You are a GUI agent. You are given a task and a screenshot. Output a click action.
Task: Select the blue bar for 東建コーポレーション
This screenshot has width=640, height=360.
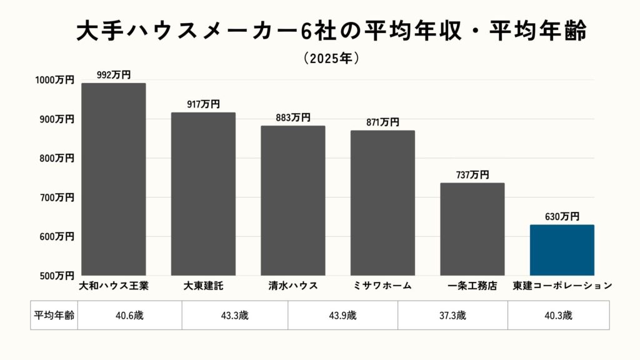click(x=562, y=250)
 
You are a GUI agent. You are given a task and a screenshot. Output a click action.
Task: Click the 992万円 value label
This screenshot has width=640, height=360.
click(x=114, y=75)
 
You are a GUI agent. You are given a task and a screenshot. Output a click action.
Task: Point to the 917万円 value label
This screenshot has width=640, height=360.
click(x=203, y=104)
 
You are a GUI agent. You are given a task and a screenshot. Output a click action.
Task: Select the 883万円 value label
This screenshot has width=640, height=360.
click(x=292, y=117)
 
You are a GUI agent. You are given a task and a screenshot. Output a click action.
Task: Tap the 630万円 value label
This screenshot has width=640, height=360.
click(x=562, y=217)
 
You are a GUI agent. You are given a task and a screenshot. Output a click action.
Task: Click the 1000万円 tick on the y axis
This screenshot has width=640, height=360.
click(x=54, y=80)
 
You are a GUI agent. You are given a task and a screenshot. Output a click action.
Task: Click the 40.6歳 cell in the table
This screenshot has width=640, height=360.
click(x=129, y=315)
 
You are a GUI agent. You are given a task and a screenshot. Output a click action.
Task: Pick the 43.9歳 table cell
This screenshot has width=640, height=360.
click(x=342, y=315)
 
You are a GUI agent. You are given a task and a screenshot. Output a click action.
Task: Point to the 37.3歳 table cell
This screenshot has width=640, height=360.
click(x=452, y=315)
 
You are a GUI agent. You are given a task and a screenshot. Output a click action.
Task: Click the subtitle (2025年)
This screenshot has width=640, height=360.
click(x=331, y=58)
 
